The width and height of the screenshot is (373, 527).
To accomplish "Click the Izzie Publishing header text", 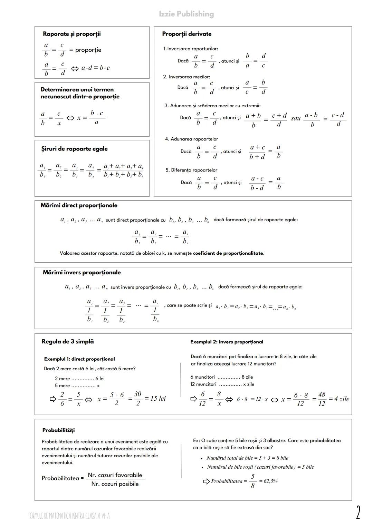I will click(186, 14).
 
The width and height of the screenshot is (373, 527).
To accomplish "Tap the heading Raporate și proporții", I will click(72, 34).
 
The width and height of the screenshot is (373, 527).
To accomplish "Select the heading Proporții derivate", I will click(186, 34).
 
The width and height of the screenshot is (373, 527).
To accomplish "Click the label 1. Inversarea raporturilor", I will click(191, 49).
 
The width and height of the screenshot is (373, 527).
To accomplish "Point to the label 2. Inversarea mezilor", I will click(186, 77).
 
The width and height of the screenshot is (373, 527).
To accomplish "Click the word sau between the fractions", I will click(296, 118).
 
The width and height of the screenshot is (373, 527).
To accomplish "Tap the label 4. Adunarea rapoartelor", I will click(191, 139).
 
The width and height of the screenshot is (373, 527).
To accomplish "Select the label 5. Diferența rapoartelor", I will click(191, 170).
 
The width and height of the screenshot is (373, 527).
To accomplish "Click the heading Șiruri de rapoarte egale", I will click(74, 149).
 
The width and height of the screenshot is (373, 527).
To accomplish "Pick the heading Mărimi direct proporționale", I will click(79, 206).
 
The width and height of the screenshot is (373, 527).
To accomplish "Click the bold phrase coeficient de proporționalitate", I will click(228, 253).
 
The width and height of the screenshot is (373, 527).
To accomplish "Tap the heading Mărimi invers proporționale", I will click(82, 273).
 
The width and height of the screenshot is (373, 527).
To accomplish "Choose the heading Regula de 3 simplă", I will click(68, 342).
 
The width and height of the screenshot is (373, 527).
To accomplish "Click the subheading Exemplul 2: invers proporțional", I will click(227, 342).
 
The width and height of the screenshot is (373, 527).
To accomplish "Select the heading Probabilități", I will click(58, 430).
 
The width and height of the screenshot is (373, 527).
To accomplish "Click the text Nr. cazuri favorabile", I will click(115, 475).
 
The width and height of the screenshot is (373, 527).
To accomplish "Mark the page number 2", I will click(358, 512).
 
